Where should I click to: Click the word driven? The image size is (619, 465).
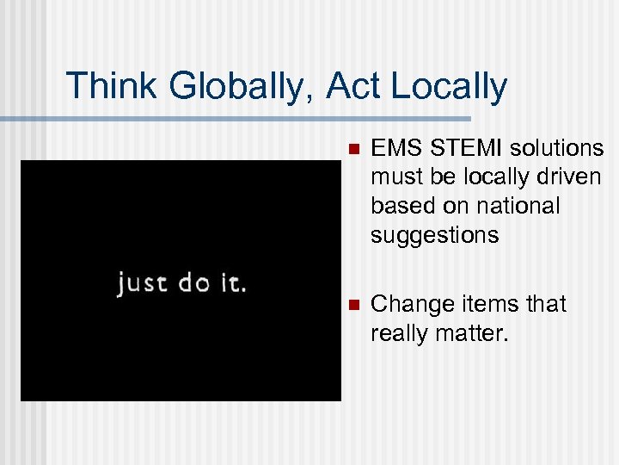[567, 177]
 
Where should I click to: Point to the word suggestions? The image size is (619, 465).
[434, 235]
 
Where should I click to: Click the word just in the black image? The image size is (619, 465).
[143, 282]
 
